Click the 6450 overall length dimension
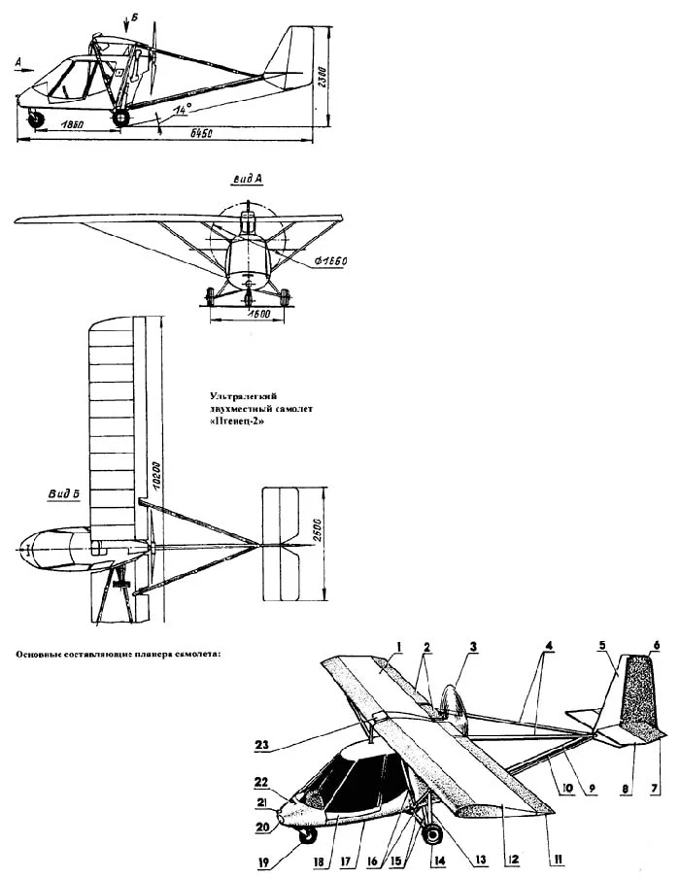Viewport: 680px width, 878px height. point(203,132)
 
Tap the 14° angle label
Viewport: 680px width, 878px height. point(181,110)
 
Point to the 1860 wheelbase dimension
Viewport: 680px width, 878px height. point(67,127)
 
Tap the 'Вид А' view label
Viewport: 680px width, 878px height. point(249,180)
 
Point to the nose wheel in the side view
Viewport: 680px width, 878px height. point(38,118)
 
